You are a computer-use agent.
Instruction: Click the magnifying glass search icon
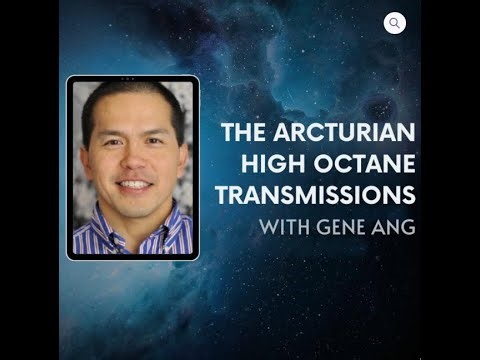(x=395, y=23)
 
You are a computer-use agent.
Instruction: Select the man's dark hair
(x=130, y=96)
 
